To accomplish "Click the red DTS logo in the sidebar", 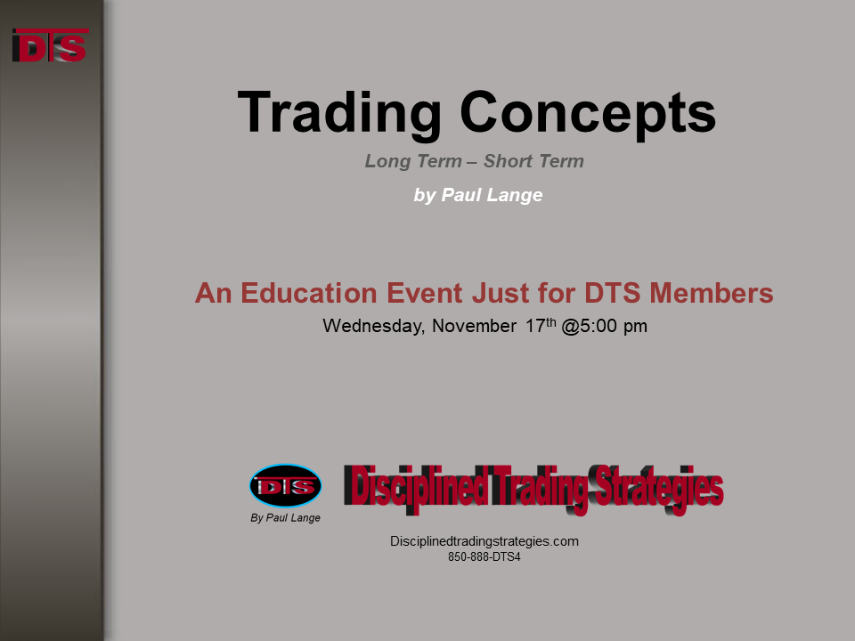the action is pyautogui.click(x=50, y=45).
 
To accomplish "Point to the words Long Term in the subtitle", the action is pyautogui.click(x=413, y=161).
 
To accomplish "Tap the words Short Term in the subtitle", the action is pyautogui.click(x=533, y=161).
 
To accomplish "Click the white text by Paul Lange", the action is pyautogui.click(x=478, y=195).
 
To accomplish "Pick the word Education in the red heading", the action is pyautogui.click(x=352, y=293).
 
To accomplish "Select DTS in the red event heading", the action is pyautogui.click(x=613, y=293).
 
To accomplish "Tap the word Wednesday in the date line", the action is pyautogui.click(x=373, y=326).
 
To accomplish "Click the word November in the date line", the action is pyautogui.click(x=474, y=326).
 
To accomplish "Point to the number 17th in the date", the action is pyautogui.click(x=541, y=325).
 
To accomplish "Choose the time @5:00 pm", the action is pyautogui.click(x=604, y=326).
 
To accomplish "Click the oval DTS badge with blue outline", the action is pyautogui.click(x=286, y=486).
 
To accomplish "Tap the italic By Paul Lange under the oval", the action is pyautogui.click(x=285, y=518).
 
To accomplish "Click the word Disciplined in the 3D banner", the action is pyautogui.click(x=417, y=487).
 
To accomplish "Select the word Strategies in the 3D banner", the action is pyautogui.click(x=659, y=489).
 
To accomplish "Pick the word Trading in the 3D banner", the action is pyautogui.click(x=541, y=489).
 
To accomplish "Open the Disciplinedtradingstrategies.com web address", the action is pyautogui.click(x=484, y=541).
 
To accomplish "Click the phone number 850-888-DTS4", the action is pyautogui.click(x=484, y=557).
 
